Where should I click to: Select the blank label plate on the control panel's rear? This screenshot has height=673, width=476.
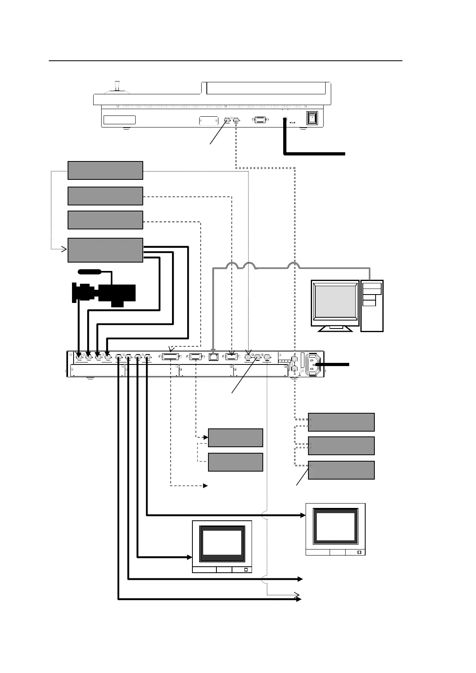coord(119,120)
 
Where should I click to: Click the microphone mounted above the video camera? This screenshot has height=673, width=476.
coord(90,272)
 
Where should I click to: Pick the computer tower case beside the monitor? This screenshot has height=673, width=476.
coord(372,305)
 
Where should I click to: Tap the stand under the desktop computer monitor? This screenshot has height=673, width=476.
coord(335,329)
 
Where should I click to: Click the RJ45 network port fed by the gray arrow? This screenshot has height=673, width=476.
coord(213,356)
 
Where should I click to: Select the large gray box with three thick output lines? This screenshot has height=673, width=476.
coord(105,250)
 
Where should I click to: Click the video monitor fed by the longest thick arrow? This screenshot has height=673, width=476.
coord(335,529)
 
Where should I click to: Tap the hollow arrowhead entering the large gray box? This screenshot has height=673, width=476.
coord(64,250)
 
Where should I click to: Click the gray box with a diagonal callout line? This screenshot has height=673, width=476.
coord(341,470)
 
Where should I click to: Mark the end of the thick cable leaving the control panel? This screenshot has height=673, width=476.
coord(344,153)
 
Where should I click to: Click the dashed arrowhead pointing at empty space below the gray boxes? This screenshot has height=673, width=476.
coord(206,486)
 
